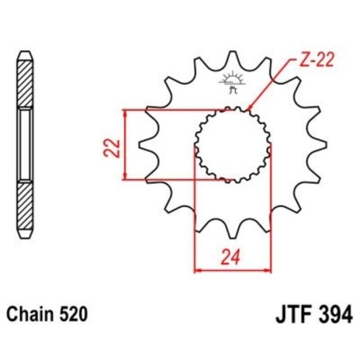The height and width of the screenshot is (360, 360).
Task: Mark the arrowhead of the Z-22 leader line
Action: pos(249,108)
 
